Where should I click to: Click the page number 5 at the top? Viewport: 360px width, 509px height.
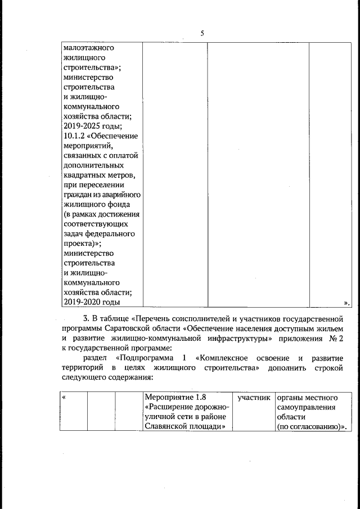[x=202, y=33]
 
